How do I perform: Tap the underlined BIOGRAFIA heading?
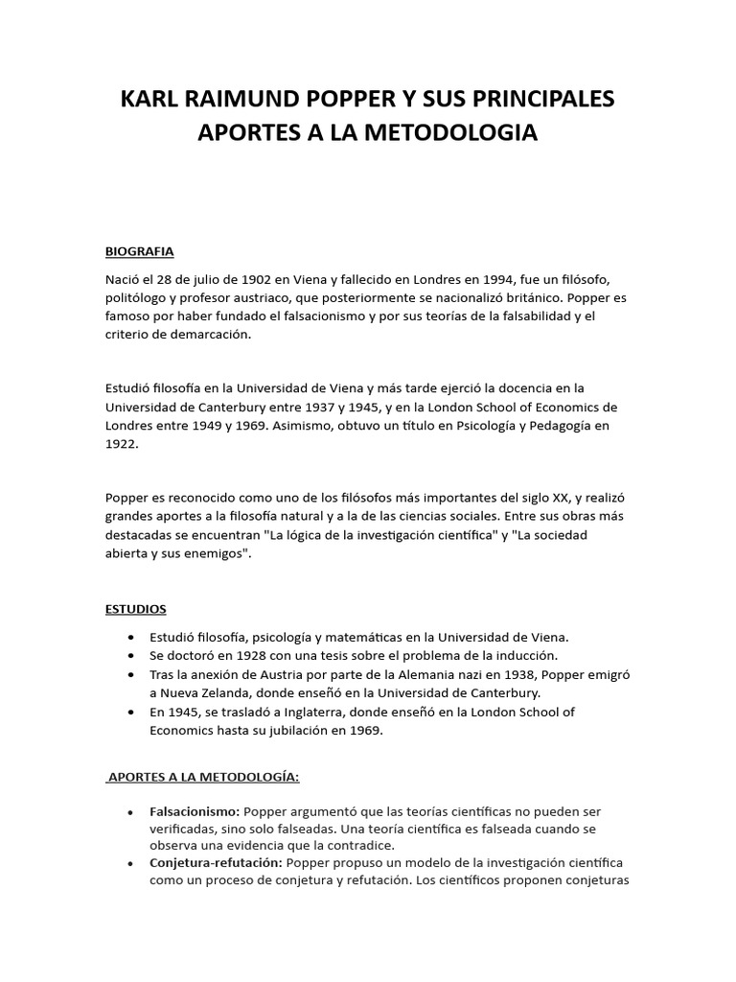(x=139, y=251)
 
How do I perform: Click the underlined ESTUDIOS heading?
(x=136, y=609)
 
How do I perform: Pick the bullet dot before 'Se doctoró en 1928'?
(x=129, y=656)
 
